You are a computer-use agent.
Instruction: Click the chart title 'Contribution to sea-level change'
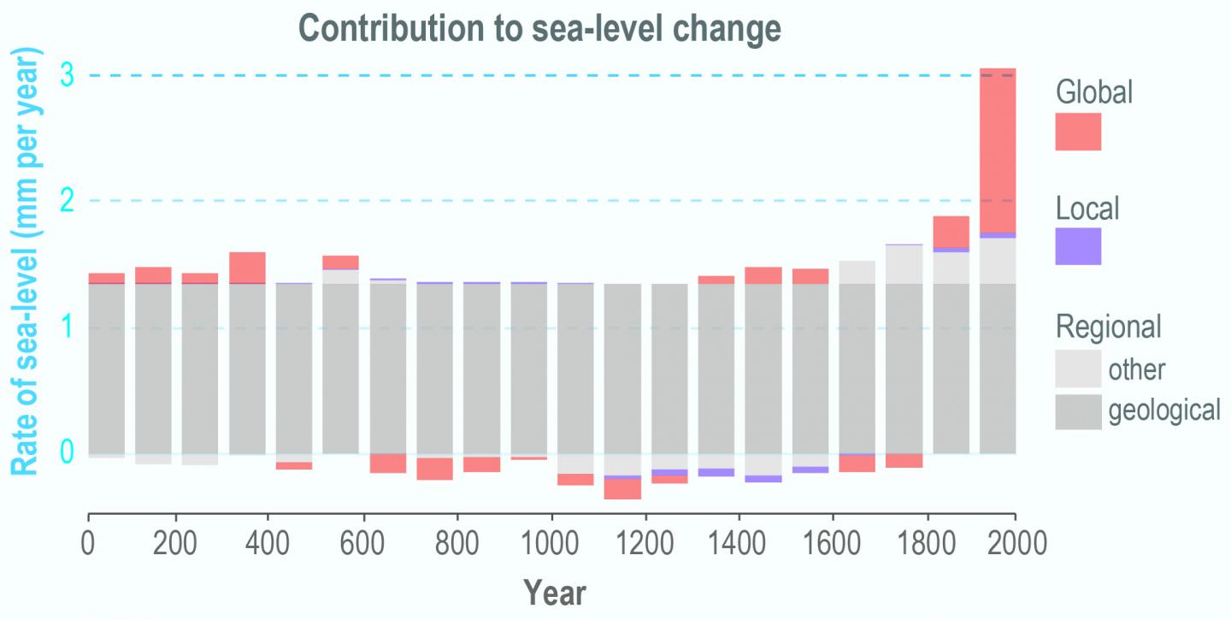pos(540,28)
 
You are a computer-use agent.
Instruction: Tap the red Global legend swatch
pos(1078,132)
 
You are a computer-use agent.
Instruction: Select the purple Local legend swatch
pos(1078,246)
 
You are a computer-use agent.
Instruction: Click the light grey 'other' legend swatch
pos(1078,369)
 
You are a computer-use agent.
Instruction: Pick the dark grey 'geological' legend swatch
pos(1078,411)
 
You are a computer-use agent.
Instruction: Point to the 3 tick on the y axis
pos(68,76)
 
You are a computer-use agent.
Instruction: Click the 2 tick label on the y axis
pos(68,202)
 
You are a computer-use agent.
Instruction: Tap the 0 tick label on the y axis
pos(68,452)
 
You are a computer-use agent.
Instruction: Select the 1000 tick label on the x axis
pos(551,544)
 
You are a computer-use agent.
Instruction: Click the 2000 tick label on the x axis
pos(1015,544)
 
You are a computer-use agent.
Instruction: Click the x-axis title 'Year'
pos(554,592)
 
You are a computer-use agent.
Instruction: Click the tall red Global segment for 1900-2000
pos(997,150)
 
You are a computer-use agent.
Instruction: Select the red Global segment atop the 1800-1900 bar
pos(951,232)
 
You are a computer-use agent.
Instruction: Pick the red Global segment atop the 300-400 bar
pos(247,267)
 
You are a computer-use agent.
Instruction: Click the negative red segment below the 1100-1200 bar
pos(622,489)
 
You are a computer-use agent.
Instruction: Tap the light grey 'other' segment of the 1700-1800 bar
pos(904,264)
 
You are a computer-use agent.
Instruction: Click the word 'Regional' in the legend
pos(1109,327)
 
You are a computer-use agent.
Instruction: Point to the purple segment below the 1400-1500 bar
pos(763,479)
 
